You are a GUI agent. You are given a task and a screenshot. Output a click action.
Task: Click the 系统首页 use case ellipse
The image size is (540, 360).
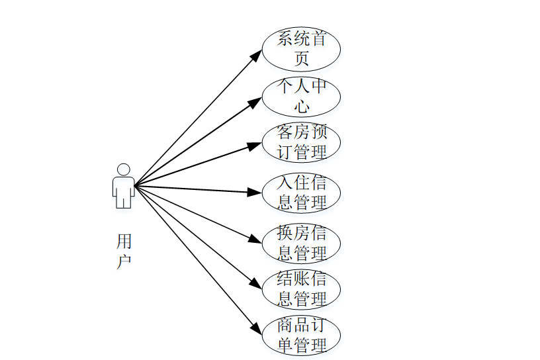tap(301, 48)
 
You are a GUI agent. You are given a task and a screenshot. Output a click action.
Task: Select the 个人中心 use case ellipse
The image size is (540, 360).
tap(301, 96)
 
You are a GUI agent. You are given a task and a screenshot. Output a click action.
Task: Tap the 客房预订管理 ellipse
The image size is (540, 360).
tap(301, 142)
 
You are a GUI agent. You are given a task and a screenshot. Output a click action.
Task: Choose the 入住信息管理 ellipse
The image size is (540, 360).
tap(301, 193)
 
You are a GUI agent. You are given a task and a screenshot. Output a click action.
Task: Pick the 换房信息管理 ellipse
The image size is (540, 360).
tap(301, 243)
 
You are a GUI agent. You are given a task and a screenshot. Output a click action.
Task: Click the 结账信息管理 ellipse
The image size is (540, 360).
tap(301, 289)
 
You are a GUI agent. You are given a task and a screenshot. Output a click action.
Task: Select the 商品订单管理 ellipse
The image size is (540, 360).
tap(301, 336)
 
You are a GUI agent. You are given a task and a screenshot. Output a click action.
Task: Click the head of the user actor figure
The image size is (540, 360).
tap(124, 169)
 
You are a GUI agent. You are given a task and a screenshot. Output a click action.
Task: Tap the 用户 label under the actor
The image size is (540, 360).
tap(124, 250)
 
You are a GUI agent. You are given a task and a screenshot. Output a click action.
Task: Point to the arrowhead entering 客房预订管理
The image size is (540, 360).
tap(256, 145)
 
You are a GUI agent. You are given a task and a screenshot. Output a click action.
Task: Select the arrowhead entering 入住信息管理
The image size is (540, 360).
tap(256, 193)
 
